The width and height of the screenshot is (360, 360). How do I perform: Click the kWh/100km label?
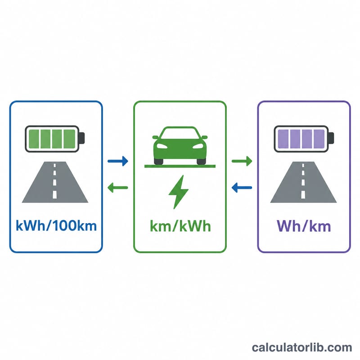[56, 225]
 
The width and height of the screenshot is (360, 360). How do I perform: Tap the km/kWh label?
[180, 226]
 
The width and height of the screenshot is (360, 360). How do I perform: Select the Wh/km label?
[304, 226]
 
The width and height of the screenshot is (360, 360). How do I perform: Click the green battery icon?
[54, 139]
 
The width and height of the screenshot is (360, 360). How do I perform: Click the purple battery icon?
[304, 139]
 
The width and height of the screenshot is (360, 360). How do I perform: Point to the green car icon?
[180, 145]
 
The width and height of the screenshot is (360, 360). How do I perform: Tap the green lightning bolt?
[179, 192]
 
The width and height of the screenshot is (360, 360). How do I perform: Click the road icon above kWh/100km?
[55, 182]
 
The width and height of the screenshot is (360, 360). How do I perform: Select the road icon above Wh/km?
[303, 182]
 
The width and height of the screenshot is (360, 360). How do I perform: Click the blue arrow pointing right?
[118, 161]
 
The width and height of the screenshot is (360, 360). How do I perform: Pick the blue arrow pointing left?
[242, 188]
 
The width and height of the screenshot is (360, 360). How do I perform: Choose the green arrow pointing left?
[118, 188]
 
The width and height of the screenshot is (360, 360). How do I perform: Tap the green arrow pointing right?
[242, 161]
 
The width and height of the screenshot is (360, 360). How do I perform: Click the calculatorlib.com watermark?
[301, 347]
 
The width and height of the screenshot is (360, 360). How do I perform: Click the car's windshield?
[180, 133]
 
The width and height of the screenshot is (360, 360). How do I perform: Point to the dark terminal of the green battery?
[82, 138]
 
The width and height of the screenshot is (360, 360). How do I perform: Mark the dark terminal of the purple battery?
[331, 138]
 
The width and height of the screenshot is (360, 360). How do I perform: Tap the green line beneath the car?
[180, 166]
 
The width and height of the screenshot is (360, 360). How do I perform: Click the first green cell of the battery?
[34, 139]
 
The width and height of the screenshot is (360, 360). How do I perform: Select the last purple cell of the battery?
[319, 139]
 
